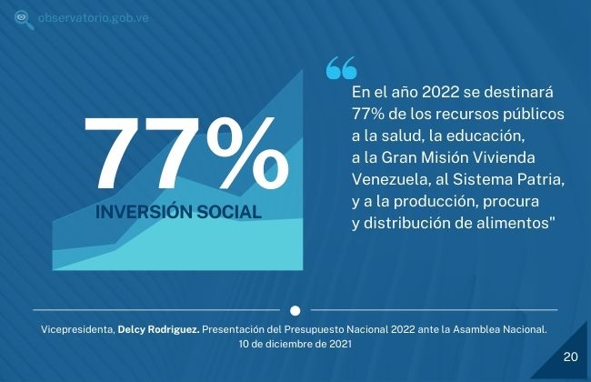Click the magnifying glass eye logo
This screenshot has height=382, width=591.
coord(24,20)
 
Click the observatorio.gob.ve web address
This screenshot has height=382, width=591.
coord(94,17)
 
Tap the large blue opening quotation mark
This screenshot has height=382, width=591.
coord(342,68)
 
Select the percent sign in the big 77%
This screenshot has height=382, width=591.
coord(247,153)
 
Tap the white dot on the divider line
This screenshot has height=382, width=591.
coord(295,311)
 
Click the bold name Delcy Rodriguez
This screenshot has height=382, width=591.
coord(159,329)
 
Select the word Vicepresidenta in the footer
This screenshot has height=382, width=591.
coord(77,329)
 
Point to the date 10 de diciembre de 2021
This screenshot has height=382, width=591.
coord(295,344)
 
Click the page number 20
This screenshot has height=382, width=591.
coord(570,357)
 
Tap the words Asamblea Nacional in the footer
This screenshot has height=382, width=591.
coord(500,329)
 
